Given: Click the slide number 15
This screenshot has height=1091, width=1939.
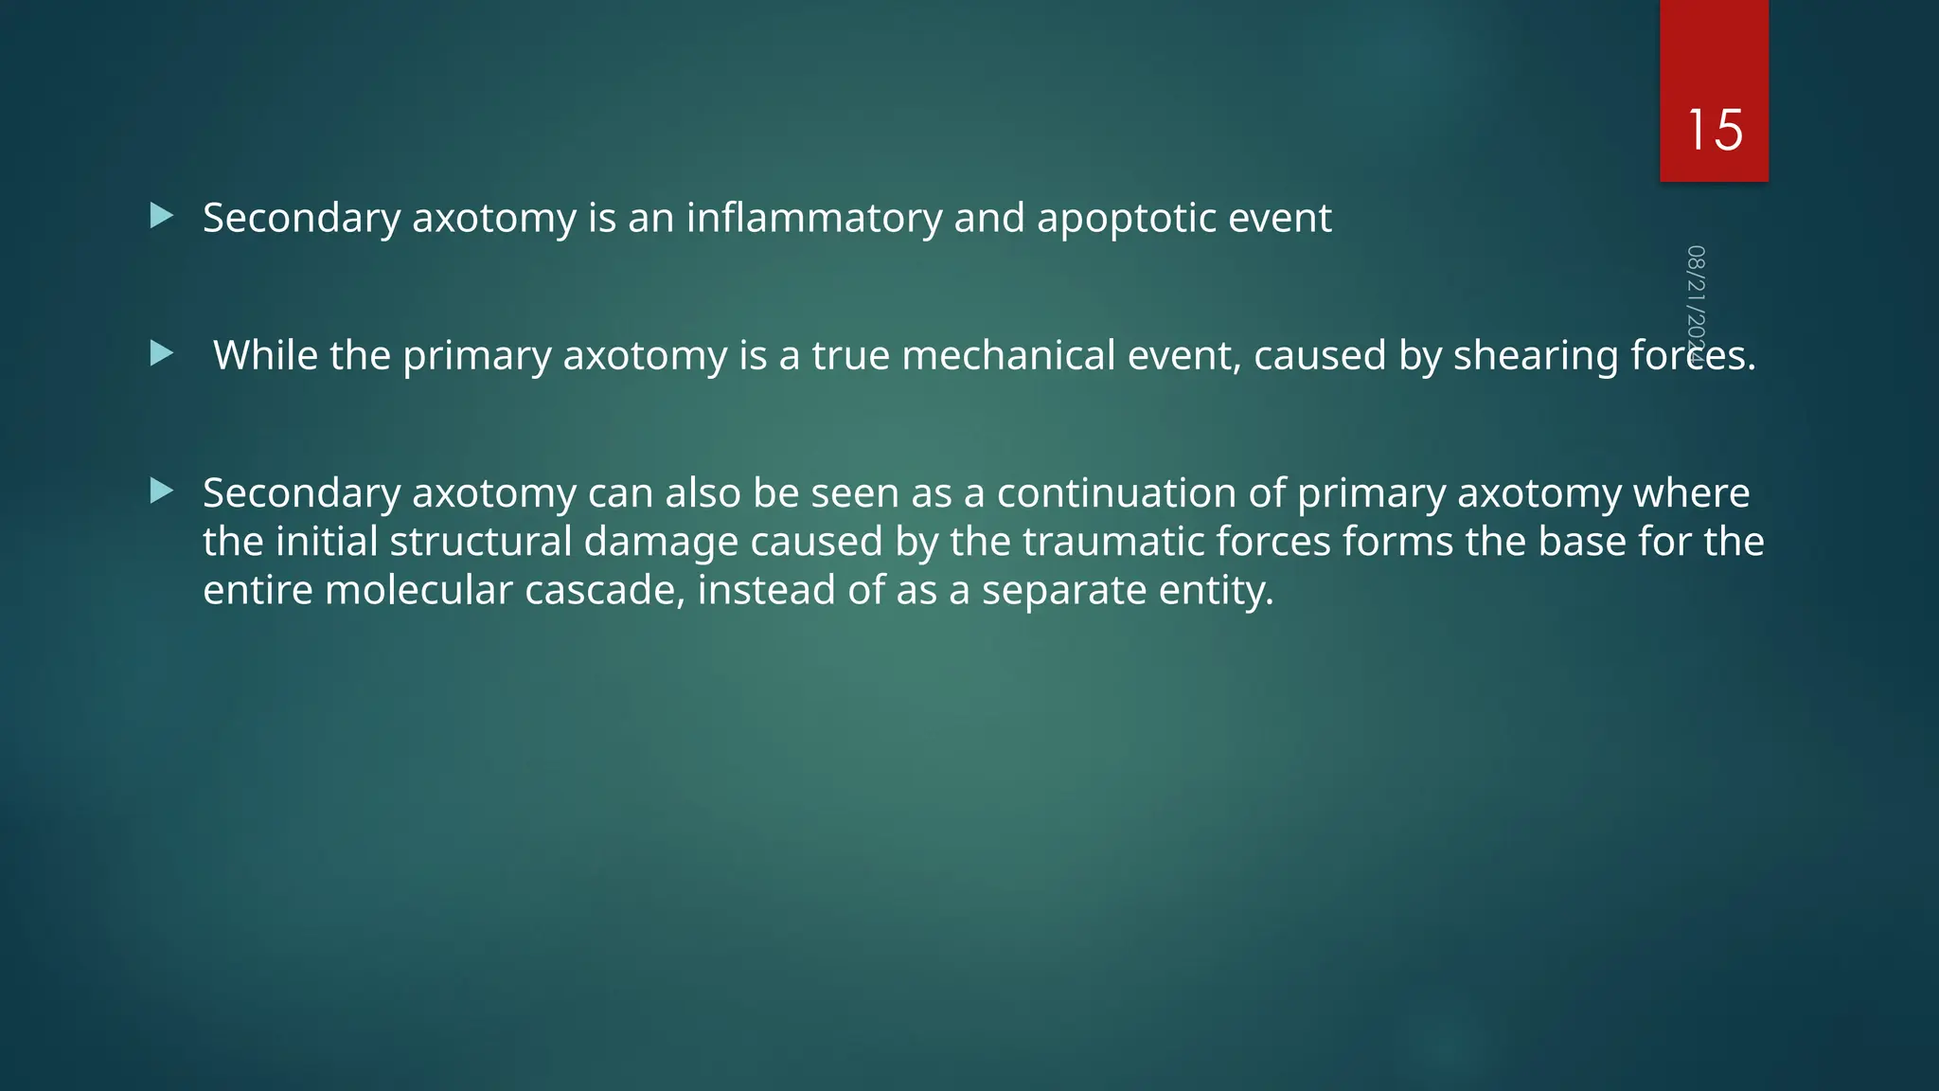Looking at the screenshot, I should coord(1714,130).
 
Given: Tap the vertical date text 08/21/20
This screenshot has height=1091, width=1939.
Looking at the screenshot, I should coord(1696,298).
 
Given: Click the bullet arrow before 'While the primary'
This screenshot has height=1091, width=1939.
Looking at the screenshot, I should coord(162,354).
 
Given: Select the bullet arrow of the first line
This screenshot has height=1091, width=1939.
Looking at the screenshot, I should coord(162,216).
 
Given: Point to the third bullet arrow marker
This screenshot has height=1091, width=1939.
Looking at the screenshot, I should coord(162,491).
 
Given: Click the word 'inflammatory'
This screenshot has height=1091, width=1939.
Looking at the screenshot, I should coord(814,219).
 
